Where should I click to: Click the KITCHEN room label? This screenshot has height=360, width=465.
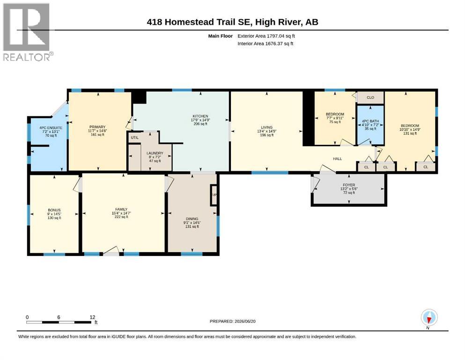(x=200, y=116)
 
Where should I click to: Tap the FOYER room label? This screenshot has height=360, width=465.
(x=349, y=185)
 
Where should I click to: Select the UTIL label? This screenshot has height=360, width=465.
(x=135, y=137)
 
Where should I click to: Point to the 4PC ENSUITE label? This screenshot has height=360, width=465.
(x=51, y=128)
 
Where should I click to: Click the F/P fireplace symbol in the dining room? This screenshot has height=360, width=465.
(x=214, y=195)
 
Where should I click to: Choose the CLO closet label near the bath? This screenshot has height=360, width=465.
(x=370, y=97)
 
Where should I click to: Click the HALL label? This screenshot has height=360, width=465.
(x=338, y=159)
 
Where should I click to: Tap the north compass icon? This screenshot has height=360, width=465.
(x=429, y=318)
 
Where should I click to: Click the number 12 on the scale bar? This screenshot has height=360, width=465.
(x=92, y=317)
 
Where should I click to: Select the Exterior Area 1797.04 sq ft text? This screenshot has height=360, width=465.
(x=266, y=36)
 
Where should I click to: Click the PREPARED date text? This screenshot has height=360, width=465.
(x=232, y=321)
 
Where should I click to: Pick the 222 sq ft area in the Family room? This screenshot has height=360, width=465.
(x=121, y=217)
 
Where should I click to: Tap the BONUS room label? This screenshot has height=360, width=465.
(x=54, y=210)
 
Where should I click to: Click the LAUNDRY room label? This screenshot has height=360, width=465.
(x=155, y=153)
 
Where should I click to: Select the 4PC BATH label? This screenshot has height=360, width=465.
(x=370, y=121)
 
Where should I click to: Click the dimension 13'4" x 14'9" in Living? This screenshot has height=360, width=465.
(x=266, y=131)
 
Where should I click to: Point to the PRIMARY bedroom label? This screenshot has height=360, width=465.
(x=97, y=127)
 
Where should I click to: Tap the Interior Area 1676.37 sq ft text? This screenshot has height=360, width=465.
(x=266, y=44)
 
